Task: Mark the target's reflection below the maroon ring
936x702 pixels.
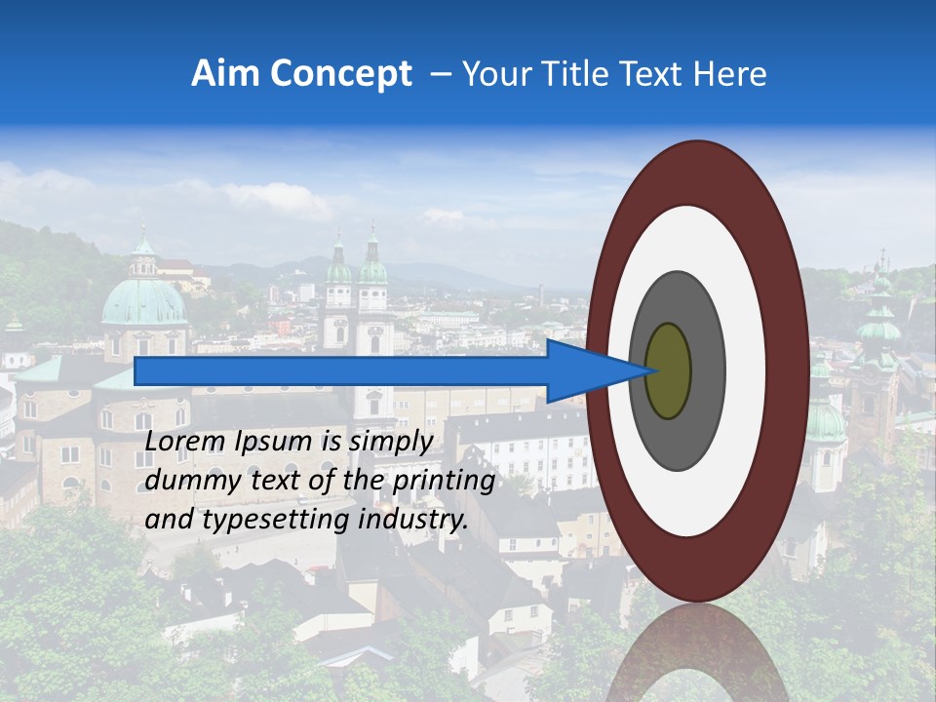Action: click(696, 653)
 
